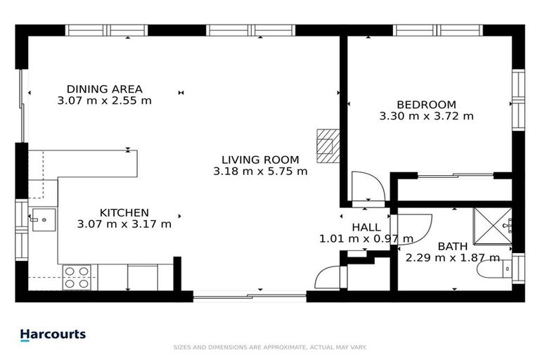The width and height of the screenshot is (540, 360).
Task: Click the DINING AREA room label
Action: pyautogui.click(x=104, y=89)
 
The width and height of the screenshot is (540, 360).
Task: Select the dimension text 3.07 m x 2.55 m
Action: pyautogui.click(x=104, y=101)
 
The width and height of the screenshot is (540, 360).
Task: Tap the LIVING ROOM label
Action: pyautogui.click(x=260, y=159)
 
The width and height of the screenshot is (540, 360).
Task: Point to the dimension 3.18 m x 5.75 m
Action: pyautogui.click(x=260, y=171)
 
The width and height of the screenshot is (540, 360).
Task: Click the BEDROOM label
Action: pyautogui.click(x=426, y=104)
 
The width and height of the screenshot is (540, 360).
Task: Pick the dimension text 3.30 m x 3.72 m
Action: pyautogui.click(x=426, y=116)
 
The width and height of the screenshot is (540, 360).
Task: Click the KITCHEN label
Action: pyautogui.click(x=124, y=212)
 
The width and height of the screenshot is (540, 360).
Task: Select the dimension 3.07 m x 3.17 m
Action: pyautogui.click(x=124, y=224)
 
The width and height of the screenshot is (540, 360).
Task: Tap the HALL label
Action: pyautogui.click(x=366, y=227)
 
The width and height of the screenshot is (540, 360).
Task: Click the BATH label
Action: pyautogui.click(x=451, y=246)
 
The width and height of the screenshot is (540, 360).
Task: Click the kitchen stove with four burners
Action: pyautogui.click(x=77, y=277)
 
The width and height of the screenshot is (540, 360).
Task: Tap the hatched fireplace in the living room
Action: pyautogui.click(x=327, y=146)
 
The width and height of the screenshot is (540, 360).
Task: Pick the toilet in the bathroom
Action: pyautogui.click(x=506, y=269)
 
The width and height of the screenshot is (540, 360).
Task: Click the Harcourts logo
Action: pyautogui.click(x=53, y=335)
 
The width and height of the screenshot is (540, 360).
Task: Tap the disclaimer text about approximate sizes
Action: pyautogui.click(x=270, y=347)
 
